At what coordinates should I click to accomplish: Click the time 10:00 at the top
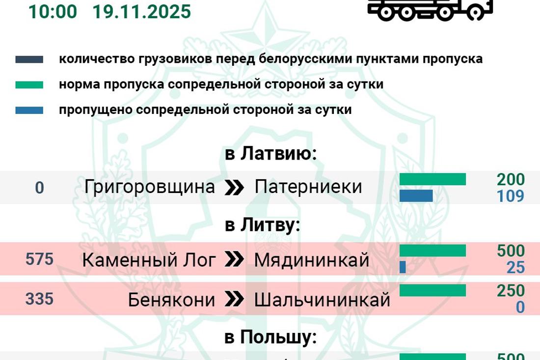53,11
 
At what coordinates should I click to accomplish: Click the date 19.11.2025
142,11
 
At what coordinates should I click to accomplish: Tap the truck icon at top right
430,10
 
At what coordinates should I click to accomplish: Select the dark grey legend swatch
29,59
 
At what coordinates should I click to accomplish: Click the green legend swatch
29,85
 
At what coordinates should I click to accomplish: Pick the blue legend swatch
29,110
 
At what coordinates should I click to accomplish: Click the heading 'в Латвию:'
271,154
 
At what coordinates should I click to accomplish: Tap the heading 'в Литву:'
263,225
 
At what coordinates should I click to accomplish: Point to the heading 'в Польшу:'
270,337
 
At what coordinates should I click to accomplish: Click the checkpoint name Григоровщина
150,187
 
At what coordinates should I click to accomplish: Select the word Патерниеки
308,187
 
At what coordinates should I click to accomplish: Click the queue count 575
39,259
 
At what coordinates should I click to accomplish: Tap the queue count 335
39,298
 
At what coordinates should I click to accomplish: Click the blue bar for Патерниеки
416,196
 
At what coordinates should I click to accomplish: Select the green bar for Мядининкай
432,250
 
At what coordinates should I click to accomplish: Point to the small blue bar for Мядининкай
403,267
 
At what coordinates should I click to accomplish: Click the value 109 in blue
511,196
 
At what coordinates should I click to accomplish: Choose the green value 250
511,290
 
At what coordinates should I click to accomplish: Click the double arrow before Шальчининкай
234,300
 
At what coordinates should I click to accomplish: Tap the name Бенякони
171,300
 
